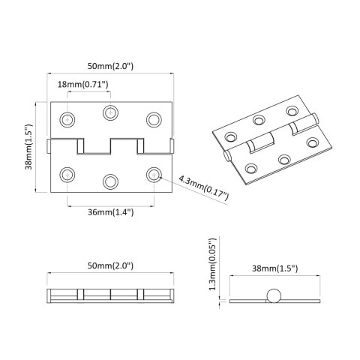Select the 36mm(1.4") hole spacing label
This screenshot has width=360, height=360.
(x=111, y=212)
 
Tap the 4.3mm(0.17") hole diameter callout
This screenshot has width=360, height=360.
(x=205, y=185)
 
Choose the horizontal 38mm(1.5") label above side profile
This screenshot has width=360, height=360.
(x=274, y=268)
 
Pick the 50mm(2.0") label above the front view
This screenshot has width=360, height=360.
(x=110, y=66)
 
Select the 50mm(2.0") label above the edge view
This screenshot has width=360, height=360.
(x=110, y=267)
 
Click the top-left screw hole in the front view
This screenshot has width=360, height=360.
(x=68, y=119)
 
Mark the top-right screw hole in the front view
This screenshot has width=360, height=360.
(x=154, y=119)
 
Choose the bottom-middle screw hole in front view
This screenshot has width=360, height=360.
(x=111, y=181)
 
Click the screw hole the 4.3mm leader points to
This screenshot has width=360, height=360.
(x=154, y=174)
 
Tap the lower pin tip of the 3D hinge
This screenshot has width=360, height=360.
(x=226, y=156)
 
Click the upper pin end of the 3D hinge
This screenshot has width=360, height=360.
(x=316, y=117)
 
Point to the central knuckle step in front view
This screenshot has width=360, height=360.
(x=111, y=146)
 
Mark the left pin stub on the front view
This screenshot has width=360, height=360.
(x=49, y=143)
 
